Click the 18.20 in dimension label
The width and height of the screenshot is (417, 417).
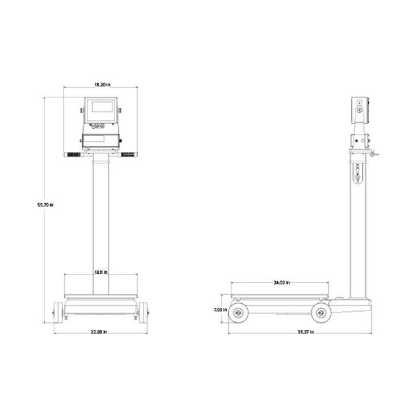pos(101,84)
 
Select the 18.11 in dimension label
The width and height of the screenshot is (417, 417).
pos(101,272)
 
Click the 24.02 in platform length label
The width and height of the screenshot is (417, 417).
pos(280,282)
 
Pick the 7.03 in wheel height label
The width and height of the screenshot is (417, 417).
pos(220,310)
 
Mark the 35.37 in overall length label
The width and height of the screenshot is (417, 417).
pos(305,332)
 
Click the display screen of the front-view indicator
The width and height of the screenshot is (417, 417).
pos(101,105)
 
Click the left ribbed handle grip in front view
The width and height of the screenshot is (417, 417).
pos(76,156)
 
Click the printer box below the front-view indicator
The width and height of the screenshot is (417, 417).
pos(101,140)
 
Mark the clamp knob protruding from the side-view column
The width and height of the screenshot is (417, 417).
pos(373,154)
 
